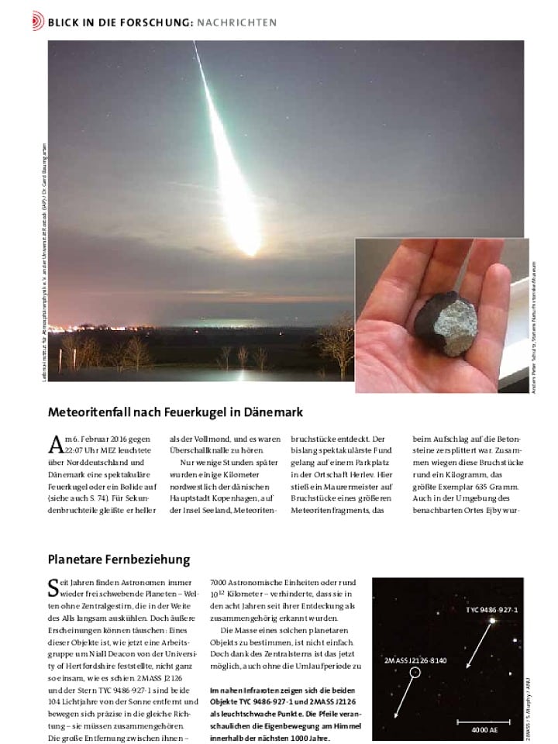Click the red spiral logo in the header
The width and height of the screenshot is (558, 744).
coord(38,22)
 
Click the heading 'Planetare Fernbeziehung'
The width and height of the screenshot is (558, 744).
coord(119,559)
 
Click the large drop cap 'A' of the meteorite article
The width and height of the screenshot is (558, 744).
coord(56,444)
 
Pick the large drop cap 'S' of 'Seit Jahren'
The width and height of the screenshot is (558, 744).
coord(53,587)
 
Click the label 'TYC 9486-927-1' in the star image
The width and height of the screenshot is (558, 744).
coord(491,611)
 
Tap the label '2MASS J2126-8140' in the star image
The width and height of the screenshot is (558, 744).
coord(415,660)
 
